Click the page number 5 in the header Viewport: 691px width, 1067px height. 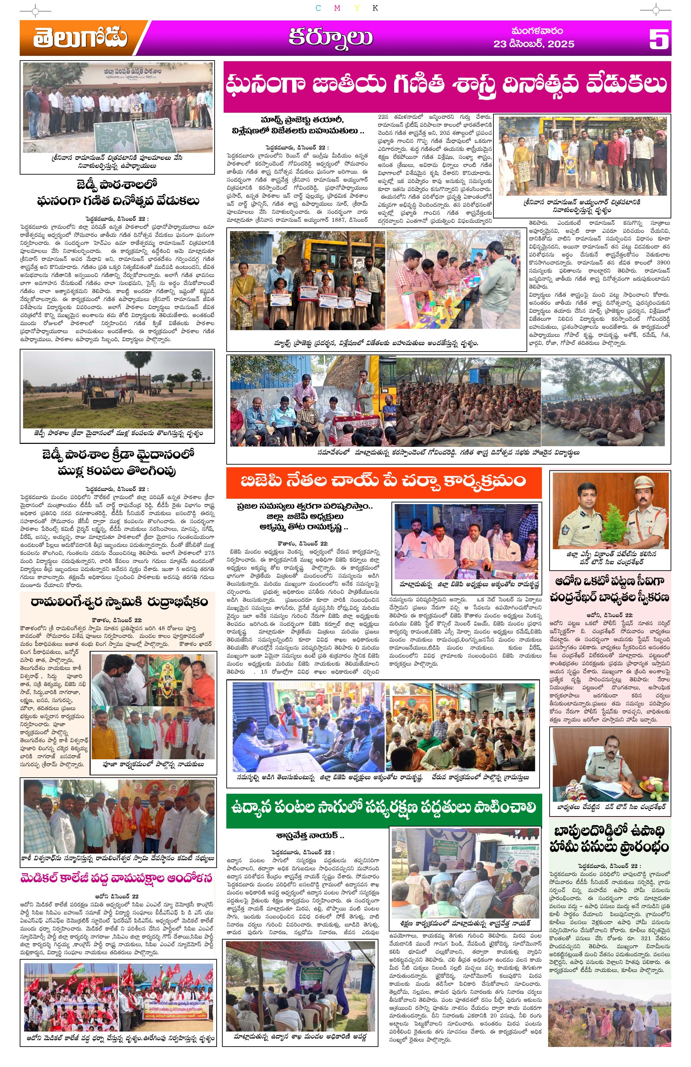pyautogui.click(x=658, y=39)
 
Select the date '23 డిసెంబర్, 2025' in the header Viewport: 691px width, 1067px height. pyautogui.click(x=534, y=44)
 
